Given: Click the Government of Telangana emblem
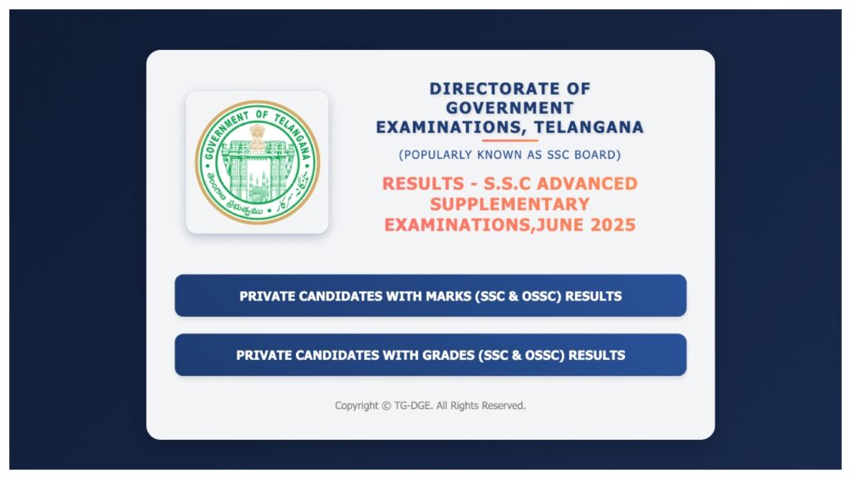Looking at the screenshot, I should (x=257, y=162).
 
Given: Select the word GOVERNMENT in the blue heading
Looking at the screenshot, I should (x=509, y=108).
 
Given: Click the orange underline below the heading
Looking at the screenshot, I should (x=509, y=141).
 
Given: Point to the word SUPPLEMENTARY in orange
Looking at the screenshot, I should (x=509, y=204).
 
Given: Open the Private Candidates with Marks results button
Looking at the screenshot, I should (x=430, y=296).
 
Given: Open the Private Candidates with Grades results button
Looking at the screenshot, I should (x=430, y=355).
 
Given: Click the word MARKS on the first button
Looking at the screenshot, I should (x=449, y=296).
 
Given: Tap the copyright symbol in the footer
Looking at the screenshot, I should (x=386, y=406).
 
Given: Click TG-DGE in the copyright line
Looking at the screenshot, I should (x=413, y=406).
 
